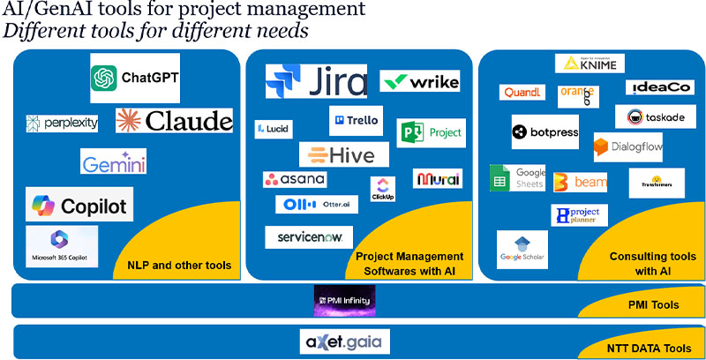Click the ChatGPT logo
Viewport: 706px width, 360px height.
(x=135, y=78)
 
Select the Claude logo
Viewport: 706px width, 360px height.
(x=175, y=120)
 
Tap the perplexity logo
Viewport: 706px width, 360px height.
(x=62, y=123)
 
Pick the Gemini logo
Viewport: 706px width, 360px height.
(x=114, y=161)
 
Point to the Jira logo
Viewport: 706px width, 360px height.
(x=316, y=81)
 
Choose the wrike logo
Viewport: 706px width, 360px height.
(x=420, y=82)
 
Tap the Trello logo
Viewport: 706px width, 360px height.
(x=356, y=121)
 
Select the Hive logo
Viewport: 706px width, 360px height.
(x=338, y=154)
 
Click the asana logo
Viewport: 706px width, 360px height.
(x=295, y=179)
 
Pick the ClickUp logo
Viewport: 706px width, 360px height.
(x=383, y=189)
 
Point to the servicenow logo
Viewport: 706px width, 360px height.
(x=309, y=237)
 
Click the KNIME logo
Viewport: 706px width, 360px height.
(x=590, y=64)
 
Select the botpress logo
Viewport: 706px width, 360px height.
(x=545, y=131)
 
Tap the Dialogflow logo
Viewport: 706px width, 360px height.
(x=627, y=147)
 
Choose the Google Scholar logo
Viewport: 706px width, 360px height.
(x=522, y=249)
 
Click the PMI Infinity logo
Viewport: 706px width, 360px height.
(x=345, y=301)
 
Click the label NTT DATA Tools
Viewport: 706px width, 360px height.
(x=648, y=349)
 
